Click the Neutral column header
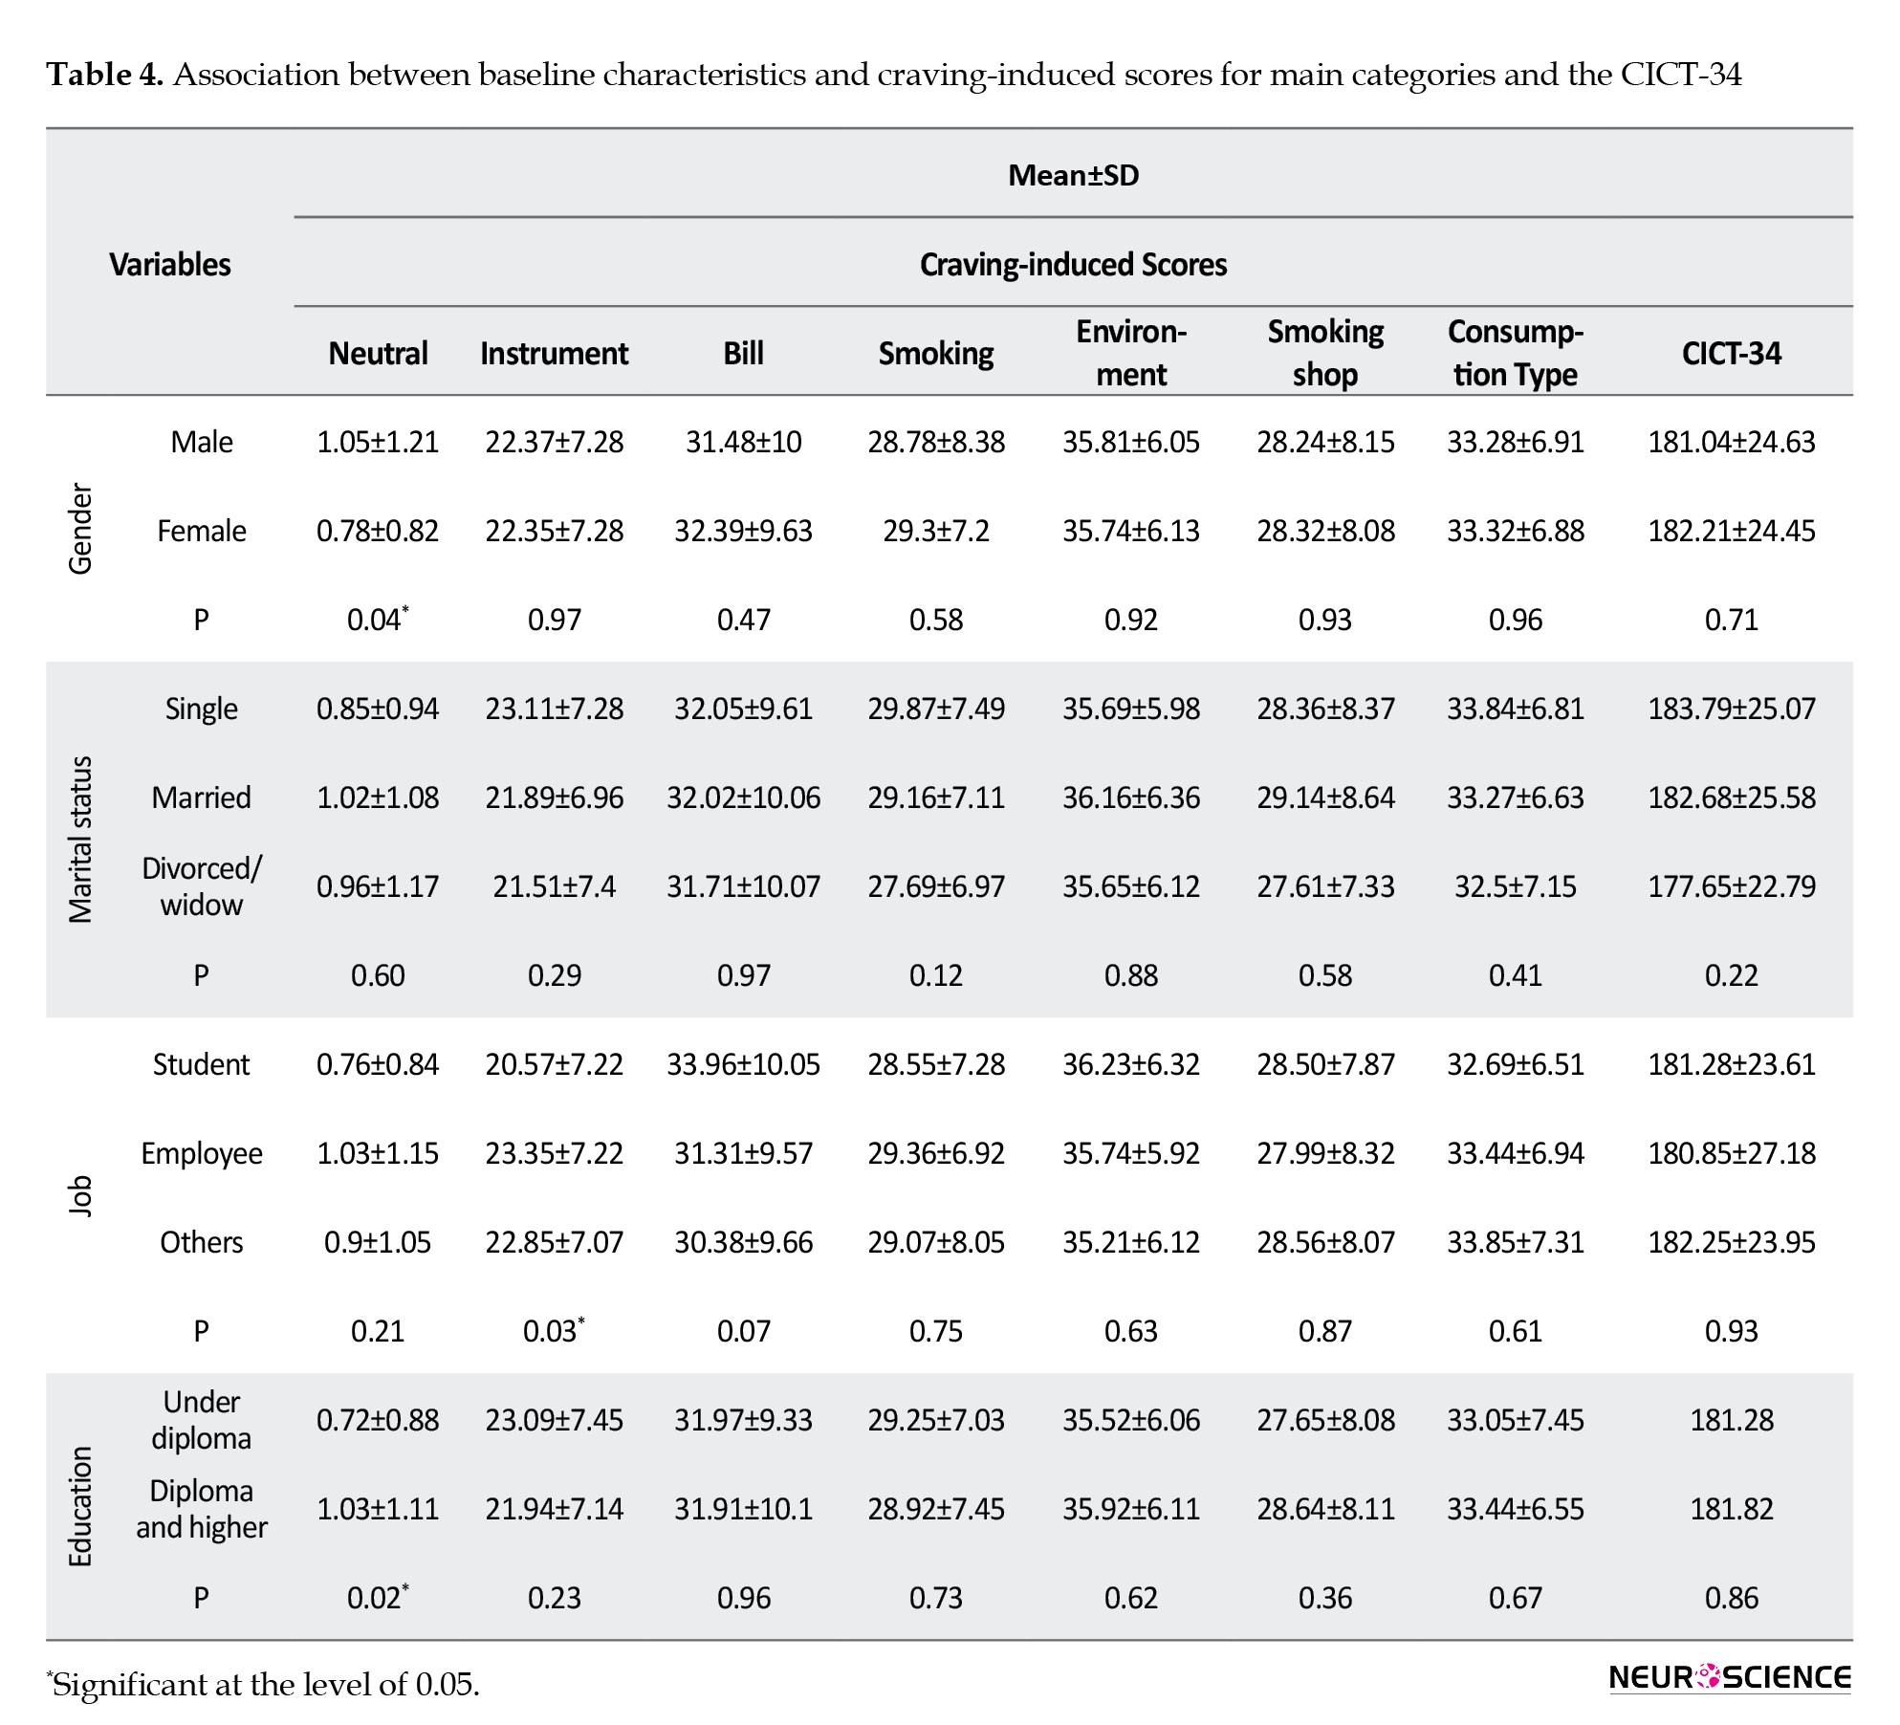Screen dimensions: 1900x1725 378,353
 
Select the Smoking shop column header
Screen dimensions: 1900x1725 1325,353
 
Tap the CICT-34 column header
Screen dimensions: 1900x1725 1731,353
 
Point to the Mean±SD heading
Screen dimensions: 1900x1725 1073,175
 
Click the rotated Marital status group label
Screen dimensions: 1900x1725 80,839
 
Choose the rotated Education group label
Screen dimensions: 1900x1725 80,1506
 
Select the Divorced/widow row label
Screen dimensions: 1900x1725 201,886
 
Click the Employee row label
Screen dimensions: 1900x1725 201,1153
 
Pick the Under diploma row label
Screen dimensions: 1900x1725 201,1420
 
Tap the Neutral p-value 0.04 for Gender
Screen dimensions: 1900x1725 377,619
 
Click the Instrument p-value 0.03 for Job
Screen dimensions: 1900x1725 554,1330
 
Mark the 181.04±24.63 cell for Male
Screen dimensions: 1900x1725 1731,442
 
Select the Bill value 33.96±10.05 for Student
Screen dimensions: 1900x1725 743,1064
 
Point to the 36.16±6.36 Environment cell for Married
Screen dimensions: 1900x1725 1131,797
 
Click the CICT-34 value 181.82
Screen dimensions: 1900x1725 1731,1509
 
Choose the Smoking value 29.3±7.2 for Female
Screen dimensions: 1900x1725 936,531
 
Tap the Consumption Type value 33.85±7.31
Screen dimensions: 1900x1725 1516,1242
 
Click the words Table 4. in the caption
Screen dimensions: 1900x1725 105,75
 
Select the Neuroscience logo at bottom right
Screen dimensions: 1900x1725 1730,1677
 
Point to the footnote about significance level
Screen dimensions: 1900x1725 263,1684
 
